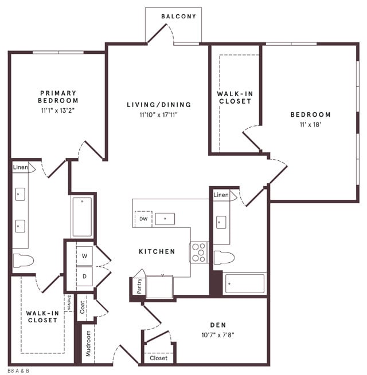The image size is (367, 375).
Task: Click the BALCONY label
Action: [x=178, y=16]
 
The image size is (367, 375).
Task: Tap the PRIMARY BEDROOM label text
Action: [x=58, y=96]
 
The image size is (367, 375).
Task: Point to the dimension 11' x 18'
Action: [x=310, y=124]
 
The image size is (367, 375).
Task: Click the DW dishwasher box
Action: [x=143, y=219]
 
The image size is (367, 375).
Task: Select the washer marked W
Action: [x=84, y=255]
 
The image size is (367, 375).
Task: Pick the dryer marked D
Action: [x=84, y=277]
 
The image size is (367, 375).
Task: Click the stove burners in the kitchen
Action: [x=198, y=252]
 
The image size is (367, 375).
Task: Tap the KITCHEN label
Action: [x=157, y=251]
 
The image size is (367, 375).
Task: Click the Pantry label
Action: [x=139, y=285]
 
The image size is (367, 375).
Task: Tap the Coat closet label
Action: [x=83, y=307]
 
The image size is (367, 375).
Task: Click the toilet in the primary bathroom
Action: [x=24, y=260]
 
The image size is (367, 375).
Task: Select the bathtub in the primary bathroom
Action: [x=82, y=216]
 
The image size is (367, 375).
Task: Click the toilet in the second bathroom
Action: [x=225, y=257]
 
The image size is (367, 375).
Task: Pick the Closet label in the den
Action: [x=158, y=358]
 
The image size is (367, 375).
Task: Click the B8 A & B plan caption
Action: [x=18, y=370]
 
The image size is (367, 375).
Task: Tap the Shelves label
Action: [x=69, y=303]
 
